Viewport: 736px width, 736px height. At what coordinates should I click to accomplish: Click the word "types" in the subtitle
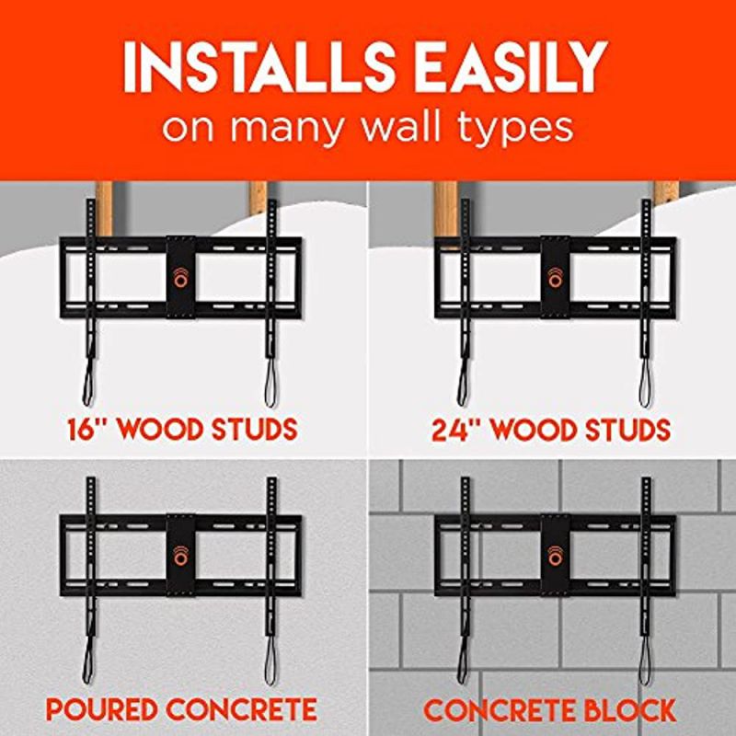click(x=517, y=128)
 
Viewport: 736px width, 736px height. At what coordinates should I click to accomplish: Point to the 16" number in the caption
click(x=89, y=430)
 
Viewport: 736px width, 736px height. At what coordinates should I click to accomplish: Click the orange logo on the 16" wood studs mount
click(x=181, y=276)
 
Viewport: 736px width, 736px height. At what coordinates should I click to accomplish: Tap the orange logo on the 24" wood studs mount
click(x=555, y=276)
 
